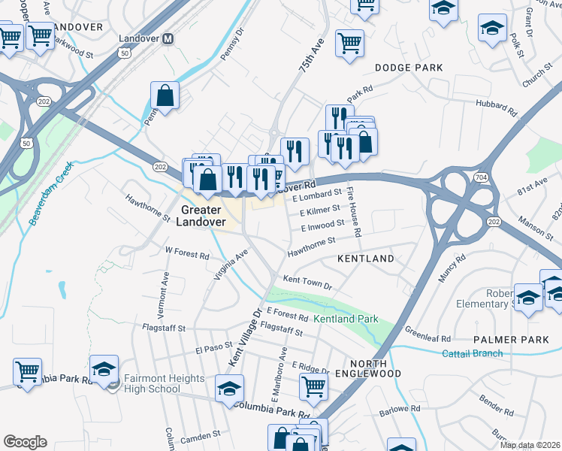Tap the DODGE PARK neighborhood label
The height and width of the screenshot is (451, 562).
(x=409, y=68)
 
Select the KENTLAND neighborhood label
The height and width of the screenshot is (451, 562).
(x=366, y=259)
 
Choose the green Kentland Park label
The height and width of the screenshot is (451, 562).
(x=346, y=319)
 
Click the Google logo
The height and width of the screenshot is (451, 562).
(x=25, y=441)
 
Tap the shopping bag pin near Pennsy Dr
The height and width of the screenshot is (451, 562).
(x=165, y=95)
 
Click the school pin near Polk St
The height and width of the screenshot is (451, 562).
(x=493, y=29)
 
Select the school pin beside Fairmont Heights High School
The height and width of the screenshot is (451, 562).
(x=104, y=368)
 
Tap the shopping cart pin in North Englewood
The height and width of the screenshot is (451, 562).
(x=313, y=386)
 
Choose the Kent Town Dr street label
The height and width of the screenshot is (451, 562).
(x=307, y=282)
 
